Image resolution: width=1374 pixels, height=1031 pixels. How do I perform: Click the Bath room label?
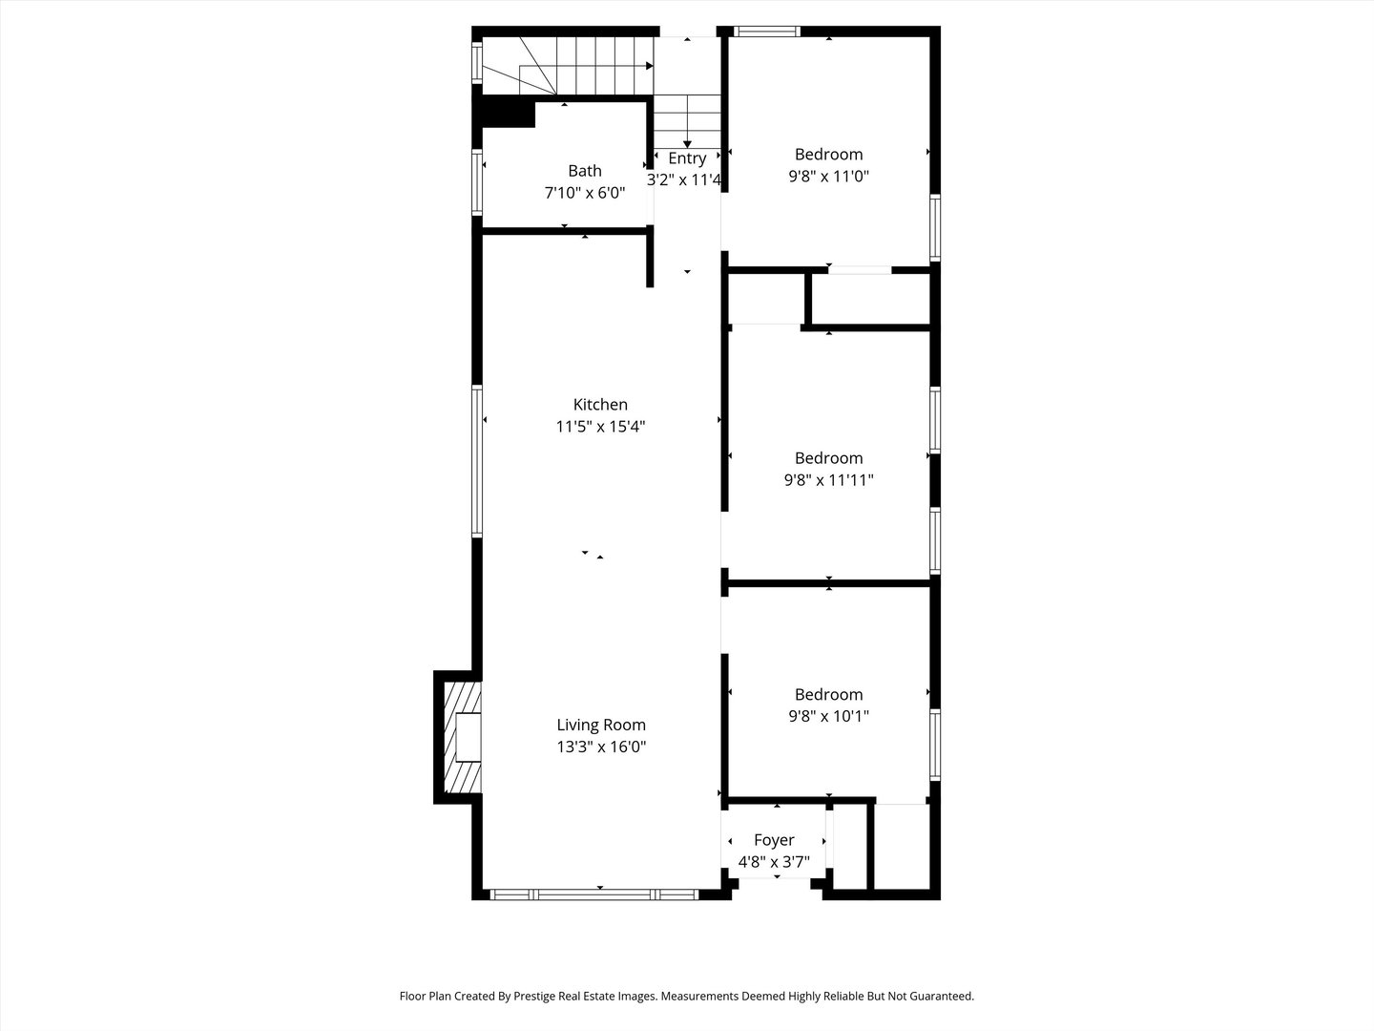(584, 171)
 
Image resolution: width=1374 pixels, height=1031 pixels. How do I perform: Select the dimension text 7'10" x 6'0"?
(584, 193)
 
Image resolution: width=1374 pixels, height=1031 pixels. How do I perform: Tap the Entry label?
(687, 158)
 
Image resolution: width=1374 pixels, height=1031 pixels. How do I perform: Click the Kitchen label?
(600, 405)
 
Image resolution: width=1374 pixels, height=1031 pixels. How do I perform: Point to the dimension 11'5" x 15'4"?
(600, 427)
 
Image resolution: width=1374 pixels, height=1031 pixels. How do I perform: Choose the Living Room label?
(601, 726)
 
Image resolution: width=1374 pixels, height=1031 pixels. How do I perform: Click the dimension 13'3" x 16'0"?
(601, 747)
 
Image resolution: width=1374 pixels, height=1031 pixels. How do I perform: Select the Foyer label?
(774, 840)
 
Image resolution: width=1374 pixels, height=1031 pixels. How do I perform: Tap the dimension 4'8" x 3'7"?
(774, 862)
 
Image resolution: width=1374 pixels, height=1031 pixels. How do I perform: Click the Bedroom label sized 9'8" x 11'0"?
(828, 155)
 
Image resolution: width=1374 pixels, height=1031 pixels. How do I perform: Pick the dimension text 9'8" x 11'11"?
(828, 480)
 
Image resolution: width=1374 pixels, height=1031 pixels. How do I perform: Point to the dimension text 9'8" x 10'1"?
(828, 716)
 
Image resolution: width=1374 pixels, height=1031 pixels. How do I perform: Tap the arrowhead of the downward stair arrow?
(687, 144)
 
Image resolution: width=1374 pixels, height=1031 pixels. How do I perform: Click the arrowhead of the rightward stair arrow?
(649, 66)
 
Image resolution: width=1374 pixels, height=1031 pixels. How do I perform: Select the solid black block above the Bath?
(507, 113)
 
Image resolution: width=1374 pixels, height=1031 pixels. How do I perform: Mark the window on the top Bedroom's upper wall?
(767, 32)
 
